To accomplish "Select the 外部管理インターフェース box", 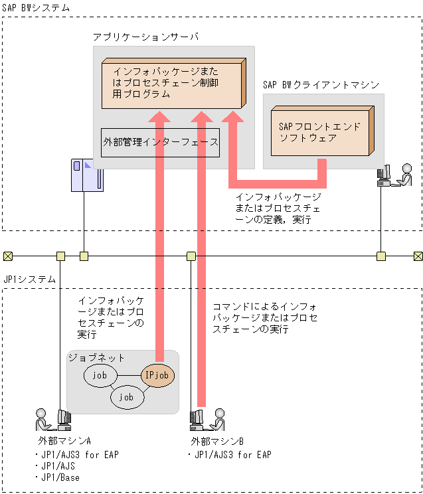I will (160, 142).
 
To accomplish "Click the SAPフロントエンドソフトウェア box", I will (320, 132).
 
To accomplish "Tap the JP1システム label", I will (30, 280).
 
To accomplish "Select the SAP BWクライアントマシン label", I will (321, 84).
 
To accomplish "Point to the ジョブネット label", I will (97, 357).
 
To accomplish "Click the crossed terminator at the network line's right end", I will (418, 256).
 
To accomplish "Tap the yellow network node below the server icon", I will (84, 256).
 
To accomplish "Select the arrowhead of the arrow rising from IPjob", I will (159, 117).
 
